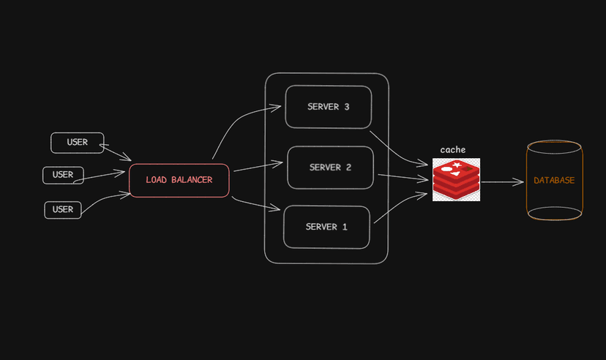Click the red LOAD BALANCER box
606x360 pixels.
(179, 180)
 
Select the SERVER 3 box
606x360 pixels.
(328, 107)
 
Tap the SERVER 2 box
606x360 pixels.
(330, 168)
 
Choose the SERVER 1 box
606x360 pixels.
(326, 227)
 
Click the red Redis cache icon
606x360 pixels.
(456, 180)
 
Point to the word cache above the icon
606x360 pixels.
(452, 150)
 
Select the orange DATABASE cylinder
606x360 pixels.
(554, 180)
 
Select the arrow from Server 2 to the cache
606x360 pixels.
(403, 176)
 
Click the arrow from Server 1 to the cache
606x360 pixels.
(399, 206)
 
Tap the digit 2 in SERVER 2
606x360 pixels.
(348, 168)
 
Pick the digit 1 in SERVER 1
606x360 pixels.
(345, 227)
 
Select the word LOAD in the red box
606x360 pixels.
(157, 180)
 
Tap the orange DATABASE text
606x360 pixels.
(554, 180)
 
